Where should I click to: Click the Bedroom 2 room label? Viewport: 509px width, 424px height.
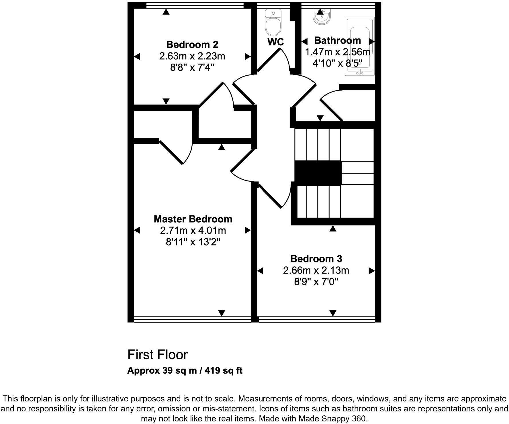click(192, 45)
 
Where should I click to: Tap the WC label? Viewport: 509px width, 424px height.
click(275, 42)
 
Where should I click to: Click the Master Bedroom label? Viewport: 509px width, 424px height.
click(193, 219)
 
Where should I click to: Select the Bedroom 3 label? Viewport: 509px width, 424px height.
click(316, 259)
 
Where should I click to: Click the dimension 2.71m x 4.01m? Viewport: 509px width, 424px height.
click(193, 231)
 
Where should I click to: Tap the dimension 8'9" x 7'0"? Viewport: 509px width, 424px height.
click(316, 282)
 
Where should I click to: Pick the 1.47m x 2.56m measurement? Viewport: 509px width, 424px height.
click(337, 52)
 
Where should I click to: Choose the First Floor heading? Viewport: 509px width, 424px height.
click(157, 355)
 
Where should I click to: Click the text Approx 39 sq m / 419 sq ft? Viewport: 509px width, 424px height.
click(185, 371)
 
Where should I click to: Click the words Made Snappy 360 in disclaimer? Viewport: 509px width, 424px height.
click(332, 419)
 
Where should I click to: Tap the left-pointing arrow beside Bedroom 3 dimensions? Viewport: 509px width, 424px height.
click(260, 271)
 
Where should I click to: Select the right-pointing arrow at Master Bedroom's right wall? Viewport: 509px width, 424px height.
click(247, 230)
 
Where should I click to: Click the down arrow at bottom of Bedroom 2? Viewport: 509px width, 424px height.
click(166, 101)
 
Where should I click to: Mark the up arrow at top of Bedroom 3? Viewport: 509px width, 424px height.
click(333, 229)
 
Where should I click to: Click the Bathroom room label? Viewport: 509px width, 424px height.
click(337, 41)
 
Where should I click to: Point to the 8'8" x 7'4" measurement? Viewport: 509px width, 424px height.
click(192, 68)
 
